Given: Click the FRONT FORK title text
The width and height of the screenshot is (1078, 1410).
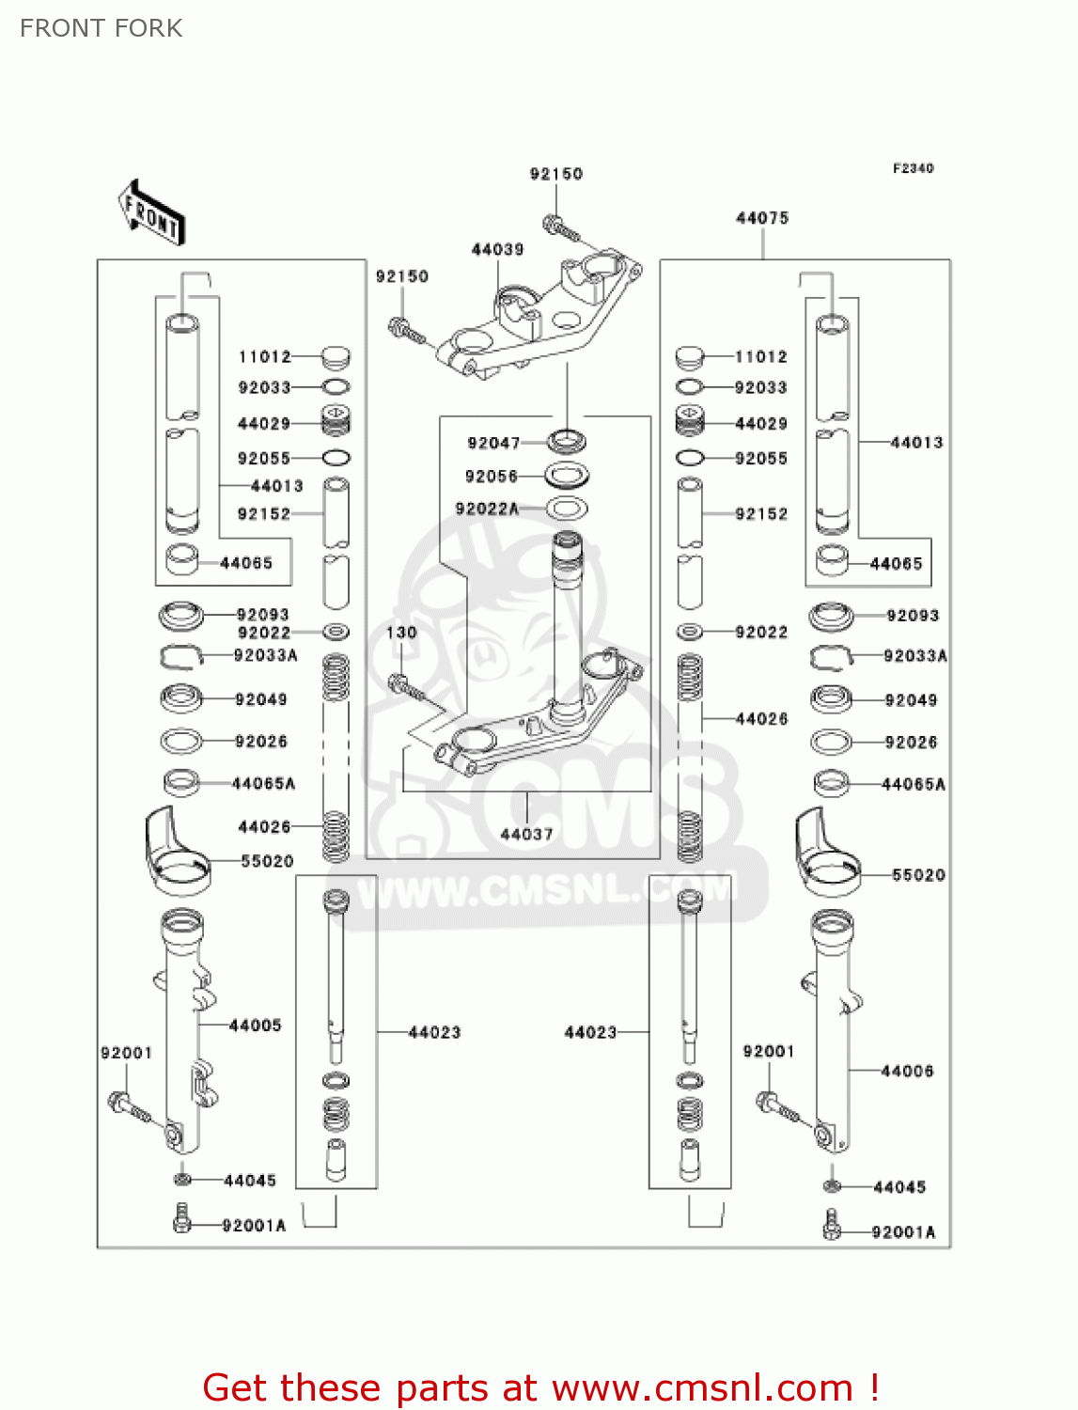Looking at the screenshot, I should pyautogui.click(x=101, y=28).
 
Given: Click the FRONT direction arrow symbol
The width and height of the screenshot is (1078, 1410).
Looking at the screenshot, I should pyautogui.click(x=150, y=213).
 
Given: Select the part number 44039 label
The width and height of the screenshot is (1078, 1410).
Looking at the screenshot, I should pyautogui.click(x=497, y=249).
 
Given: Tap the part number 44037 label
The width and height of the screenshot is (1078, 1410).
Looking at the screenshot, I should pyautogui.click(x=526, y=834).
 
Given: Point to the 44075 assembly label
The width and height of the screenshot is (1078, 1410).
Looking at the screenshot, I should pyautogui.click(x=762, y=218).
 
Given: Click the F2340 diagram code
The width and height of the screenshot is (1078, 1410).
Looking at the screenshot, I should pyautogui.click(x=913, y=168).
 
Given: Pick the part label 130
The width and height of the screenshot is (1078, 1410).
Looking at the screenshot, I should pyautogui.click(x=401, y=633).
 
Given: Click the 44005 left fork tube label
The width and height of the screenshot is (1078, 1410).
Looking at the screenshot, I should pyautogui.click(x=256, y=1026).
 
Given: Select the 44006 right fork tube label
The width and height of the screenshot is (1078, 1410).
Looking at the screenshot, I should pyautogui.click(x=907, y=1071).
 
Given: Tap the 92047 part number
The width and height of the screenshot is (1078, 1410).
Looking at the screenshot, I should pyautogui.click(x=493, y=443).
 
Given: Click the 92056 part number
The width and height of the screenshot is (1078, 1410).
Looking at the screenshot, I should pyautogui.click(x=492, y=477).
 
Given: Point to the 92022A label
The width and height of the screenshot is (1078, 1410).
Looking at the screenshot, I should pyautogui.click(x=487, y=509).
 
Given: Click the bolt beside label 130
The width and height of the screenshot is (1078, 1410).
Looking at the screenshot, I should pyautogui.click(x=406, y=686).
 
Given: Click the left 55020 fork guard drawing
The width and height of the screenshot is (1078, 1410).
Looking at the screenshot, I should pyautogui.click(x=175, y=851).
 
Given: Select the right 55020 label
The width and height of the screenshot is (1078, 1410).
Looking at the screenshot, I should pyautogui.click(x=918, y=875).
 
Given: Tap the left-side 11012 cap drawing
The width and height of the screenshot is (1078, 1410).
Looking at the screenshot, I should pyautogui.click(x=336, y=357).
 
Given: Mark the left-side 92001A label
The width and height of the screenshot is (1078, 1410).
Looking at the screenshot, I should pyautogui.click(x=254, y=1226).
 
